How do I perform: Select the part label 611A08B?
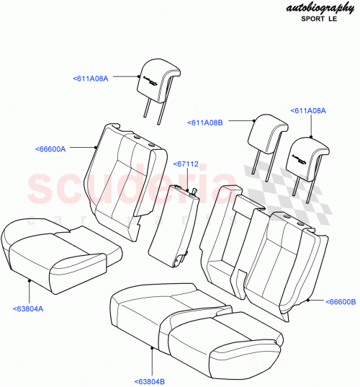tap(206, 123)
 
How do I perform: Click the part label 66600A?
tap(50, 149)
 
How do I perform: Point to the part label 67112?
tap(185, 164)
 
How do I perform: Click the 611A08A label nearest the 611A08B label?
tap(308, 111)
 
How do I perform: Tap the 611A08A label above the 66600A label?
tap(91, 78)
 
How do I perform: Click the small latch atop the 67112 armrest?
tap(193, 191)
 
